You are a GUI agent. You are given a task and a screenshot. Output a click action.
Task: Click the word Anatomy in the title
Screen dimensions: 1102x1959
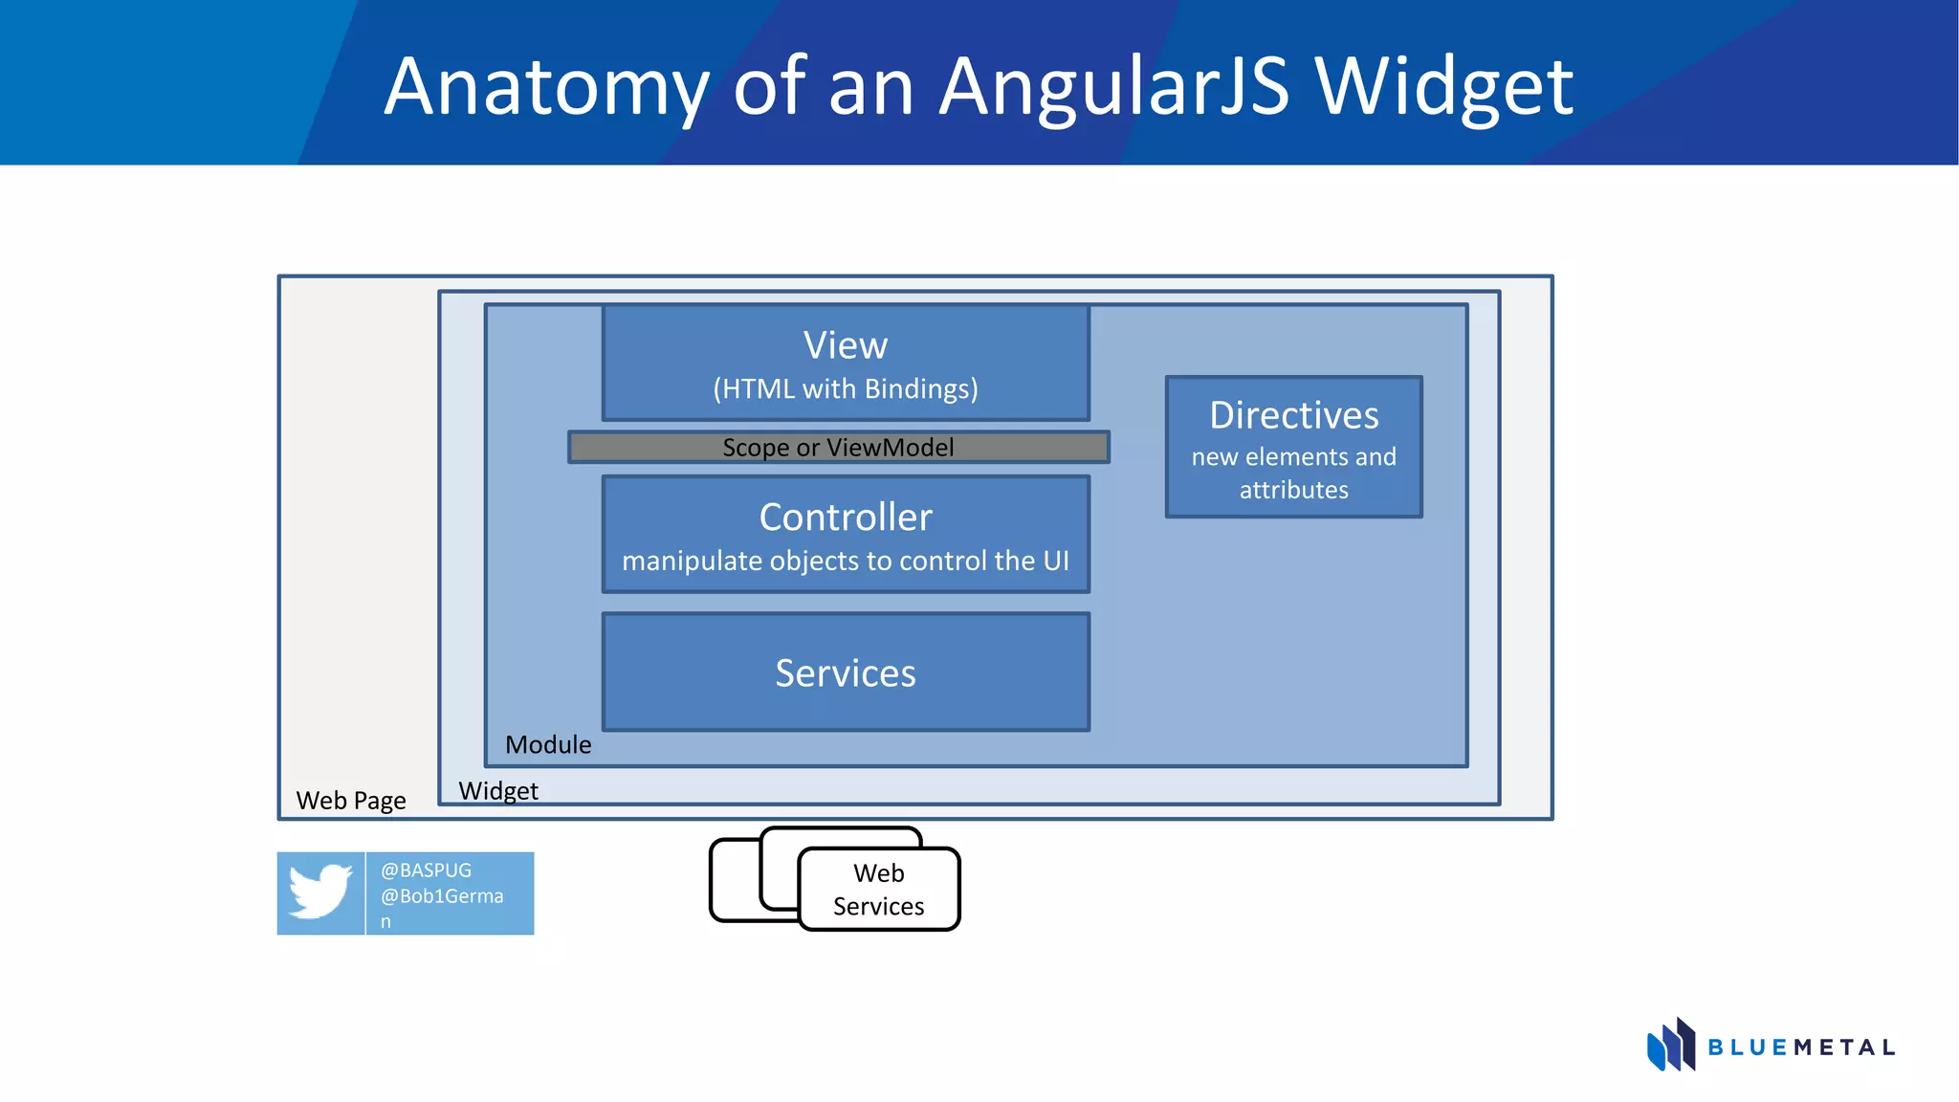(x=546, y=88)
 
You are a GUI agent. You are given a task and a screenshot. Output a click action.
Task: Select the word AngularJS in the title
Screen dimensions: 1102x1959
(x=1114, y=88)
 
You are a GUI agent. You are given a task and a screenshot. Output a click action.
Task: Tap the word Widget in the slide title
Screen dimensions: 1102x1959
(x=1443, y=88)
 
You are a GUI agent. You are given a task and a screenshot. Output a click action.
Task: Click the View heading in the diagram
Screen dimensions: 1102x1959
(x=846, y=345)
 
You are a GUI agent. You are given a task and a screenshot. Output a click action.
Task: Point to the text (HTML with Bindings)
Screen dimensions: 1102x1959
(x=846, y=389)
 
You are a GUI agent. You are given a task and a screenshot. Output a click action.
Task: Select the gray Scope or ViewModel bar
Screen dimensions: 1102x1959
(x=838, y=448)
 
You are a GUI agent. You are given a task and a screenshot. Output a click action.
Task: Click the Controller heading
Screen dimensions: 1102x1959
(x=846, y=518)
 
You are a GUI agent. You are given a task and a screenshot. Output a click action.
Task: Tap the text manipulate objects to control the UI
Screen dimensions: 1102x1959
(x=846, y=561)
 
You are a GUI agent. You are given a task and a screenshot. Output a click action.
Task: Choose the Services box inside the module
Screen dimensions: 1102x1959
(x=846, y=673)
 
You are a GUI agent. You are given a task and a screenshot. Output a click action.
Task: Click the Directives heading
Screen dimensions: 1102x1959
(x=1293, y=415)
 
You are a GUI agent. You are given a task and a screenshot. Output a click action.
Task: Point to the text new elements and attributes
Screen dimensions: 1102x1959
(x=1293, y=474)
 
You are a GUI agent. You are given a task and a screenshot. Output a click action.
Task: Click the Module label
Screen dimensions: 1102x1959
(x=548, y=744)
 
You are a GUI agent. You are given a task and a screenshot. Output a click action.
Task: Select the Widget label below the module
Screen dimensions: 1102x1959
(x=498, y=791)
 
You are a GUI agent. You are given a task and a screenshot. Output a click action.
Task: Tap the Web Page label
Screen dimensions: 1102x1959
(x=351, y=801)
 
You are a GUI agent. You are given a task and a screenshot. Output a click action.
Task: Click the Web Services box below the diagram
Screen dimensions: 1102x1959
(x=878, y=890)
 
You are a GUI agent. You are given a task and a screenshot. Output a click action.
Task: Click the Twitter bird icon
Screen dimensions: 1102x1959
(x=320, y=892)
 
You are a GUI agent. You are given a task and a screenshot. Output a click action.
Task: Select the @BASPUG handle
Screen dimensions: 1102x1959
(x=427, y=871)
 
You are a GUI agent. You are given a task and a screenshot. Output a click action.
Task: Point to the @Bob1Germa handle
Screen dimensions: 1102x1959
(x=442, y=896)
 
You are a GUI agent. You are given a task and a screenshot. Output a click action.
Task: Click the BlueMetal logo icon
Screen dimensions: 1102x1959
(x=1671, y=1046)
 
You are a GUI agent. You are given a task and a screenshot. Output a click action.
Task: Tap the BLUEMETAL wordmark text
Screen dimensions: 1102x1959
(x=1800, y=1048)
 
